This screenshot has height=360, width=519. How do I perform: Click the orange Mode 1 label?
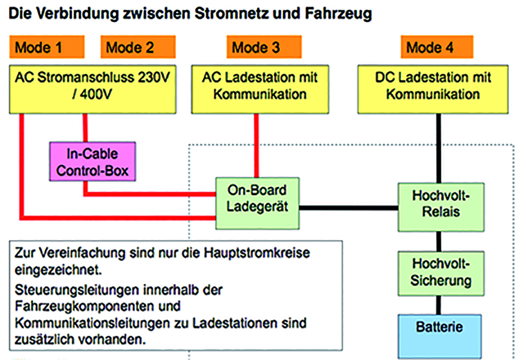[x=47, y=47]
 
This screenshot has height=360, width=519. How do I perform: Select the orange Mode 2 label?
[x=138, y=47]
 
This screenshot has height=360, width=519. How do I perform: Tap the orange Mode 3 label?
[x=264, y=47]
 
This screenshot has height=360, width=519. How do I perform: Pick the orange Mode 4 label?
[x=437, y=47]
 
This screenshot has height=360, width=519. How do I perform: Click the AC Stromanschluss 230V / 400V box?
[x=93, y=89]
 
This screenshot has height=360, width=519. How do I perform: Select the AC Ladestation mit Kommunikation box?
[x=260, y=89]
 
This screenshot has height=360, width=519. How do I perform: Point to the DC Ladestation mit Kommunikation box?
[x=433, y=89]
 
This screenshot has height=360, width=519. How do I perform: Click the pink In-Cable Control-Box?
[x=93, y=161]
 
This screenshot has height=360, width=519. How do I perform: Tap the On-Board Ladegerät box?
[x=257, y=203]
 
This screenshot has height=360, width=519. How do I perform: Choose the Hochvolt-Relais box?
[x=441, y=207]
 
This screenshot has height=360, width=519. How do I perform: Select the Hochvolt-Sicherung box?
[x=441, y=274]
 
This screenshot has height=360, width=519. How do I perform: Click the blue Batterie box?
[x=439, y=336]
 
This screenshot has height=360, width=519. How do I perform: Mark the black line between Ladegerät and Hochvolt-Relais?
[x=349, y=208]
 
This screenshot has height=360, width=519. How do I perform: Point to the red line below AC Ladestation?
[x=257, y=146]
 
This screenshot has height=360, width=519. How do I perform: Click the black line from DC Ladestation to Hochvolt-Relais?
[x=438, y=148]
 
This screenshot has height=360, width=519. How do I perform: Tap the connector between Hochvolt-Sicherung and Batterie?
[x=438, y=305]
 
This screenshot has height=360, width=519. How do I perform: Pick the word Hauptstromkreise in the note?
[x=257, y=253]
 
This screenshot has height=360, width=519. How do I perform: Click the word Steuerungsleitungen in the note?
[x=77, y=291]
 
